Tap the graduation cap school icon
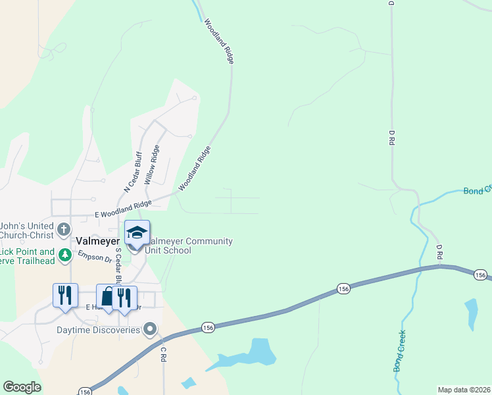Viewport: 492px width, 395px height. [x=137, y=232]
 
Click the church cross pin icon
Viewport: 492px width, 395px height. [x=64, y=230]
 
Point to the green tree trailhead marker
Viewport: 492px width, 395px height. [x=64, y=254]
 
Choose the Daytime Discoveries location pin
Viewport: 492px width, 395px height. [x=151, y=329]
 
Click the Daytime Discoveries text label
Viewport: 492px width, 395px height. [x=98, y=329]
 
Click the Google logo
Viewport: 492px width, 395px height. [x=22, y=387]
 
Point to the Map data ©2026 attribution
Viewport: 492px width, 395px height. [x=464, y=390]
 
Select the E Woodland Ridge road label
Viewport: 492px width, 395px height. [x=123, y=209]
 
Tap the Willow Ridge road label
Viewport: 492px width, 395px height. [x=152, y=164]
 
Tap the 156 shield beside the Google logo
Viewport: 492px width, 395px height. [x=86, y=391]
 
